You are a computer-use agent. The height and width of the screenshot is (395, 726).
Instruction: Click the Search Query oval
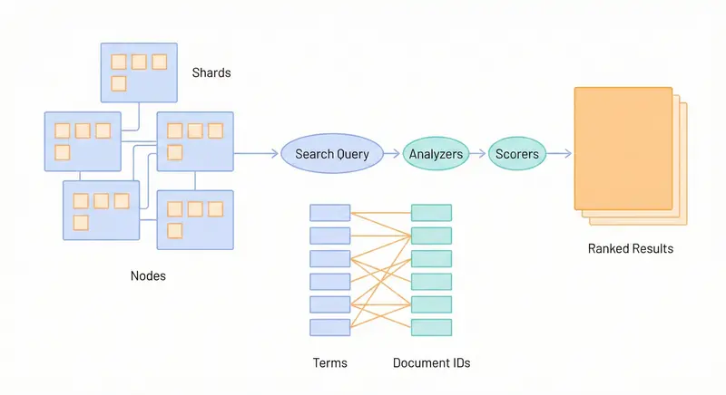332,154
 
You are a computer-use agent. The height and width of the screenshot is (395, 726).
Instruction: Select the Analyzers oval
436,154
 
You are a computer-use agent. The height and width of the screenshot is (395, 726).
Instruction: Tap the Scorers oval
516,154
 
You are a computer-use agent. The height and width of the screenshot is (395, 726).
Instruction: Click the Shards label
211,72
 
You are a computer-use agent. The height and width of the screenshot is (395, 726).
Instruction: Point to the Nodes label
148,275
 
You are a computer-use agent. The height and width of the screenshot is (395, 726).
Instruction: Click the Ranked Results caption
631,248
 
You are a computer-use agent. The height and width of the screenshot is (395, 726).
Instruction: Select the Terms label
329,363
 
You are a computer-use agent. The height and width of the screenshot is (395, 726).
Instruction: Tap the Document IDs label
431,363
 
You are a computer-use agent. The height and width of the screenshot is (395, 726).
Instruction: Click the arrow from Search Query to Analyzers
390,154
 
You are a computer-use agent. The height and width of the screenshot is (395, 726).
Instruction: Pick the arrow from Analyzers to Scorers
478,154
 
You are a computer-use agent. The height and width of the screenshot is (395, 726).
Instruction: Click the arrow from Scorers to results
558,154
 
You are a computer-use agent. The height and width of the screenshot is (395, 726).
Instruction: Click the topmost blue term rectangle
329,213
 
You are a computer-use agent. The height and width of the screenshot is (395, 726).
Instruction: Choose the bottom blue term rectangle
329,327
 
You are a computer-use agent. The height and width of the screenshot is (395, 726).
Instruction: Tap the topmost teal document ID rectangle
431,213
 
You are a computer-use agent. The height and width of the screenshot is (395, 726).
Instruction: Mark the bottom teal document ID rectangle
431,327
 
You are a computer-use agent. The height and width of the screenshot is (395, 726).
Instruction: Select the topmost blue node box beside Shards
136,72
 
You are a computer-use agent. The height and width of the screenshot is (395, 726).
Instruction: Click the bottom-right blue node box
195,219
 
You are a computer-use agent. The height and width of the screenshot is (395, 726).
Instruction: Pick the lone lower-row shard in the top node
118,84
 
